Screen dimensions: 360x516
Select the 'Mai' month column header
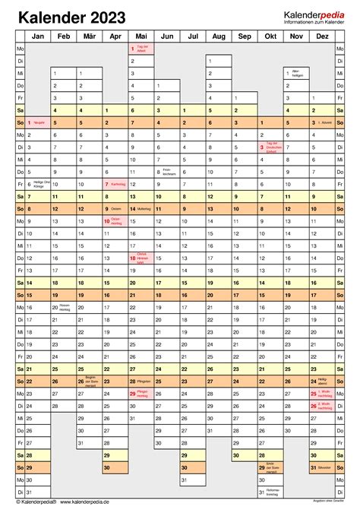(x=141, y=36)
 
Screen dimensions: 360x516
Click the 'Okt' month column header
(x=270, y=36)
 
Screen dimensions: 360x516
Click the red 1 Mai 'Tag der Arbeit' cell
(x=141, y=49)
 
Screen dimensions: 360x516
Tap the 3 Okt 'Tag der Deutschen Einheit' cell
(x=270, y=147)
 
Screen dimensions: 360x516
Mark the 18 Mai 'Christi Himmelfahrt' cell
(x=141, y=258)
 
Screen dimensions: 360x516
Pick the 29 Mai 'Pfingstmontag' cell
(x=141, y=394)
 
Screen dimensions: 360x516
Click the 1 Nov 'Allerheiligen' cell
(x=295, y=73)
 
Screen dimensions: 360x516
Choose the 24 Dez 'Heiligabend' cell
(x=321, y=381)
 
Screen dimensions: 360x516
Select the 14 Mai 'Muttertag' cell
(x=141, y=209)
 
